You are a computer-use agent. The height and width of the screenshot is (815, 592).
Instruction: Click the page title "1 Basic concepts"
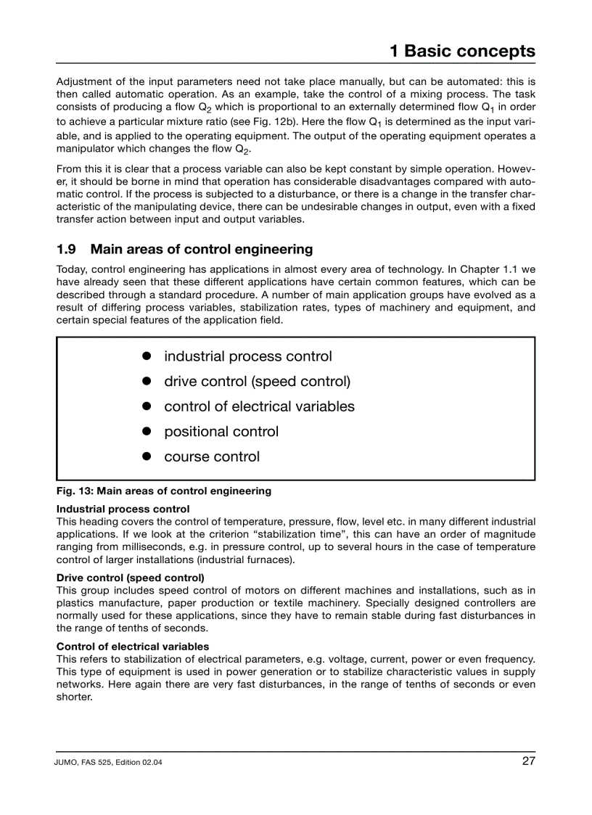click(462, 51)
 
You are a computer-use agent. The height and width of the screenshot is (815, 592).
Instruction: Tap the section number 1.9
click(66, 249)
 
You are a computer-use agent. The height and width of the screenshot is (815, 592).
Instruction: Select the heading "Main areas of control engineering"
click(202, 249)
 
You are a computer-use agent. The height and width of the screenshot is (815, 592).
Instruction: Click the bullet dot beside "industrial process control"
click(146, 356)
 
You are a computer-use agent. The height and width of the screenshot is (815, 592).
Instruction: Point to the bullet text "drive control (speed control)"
click(257, 381)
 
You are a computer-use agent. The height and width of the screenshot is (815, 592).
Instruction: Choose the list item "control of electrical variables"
click(259, 406)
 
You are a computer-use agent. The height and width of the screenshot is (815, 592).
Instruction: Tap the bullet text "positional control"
click(221, 431)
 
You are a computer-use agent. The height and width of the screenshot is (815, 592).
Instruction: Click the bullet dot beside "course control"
click(146, 456)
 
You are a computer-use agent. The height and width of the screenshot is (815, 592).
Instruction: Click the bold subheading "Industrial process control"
click(123, 509)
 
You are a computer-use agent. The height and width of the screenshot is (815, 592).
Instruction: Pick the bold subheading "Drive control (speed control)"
click(131, 578)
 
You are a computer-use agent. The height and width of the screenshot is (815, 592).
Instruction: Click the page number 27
click(528, 761)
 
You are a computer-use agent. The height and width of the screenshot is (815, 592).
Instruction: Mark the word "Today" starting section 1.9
click(71, 269)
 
